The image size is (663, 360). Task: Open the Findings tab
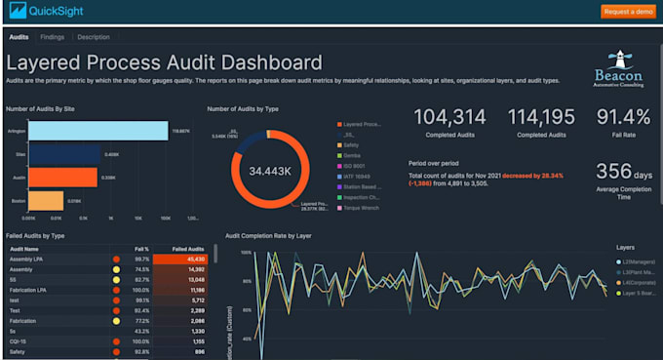tap(53, 36)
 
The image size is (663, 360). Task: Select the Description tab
tap(94, 36)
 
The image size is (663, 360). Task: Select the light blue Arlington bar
tap(97, 130)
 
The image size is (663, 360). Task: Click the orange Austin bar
tap(62, 177)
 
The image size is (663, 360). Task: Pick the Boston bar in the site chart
tap(46, 201)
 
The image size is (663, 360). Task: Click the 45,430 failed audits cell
tap(189, 259)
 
